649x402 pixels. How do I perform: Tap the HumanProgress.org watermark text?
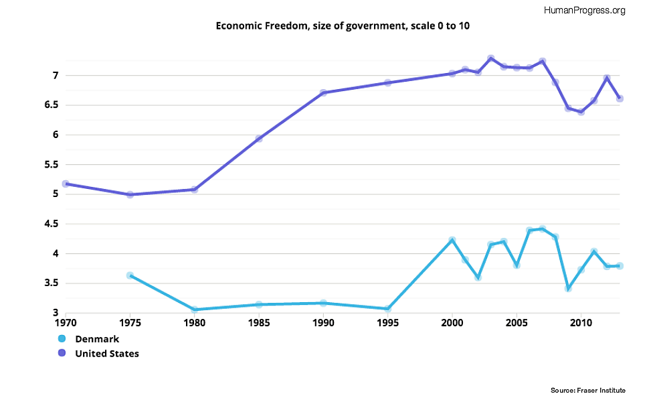(585, 10)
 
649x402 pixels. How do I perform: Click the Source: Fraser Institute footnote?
(588, 390)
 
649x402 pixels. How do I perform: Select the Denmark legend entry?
(96, 339)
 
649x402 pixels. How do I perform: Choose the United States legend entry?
(106, 353)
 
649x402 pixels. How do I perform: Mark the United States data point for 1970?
(66, 184)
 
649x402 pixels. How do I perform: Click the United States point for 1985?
(259, 139)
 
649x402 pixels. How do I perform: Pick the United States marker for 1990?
(323, 92)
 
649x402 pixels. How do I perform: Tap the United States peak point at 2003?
(491, 58)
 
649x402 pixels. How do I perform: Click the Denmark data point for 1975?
(130, 275)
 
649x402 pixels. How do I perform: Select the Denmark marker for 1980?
(195, 310)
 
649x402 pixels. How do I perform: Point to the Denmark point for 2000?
(452, 240)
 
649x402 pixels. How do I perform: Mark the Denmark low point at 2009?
(568, 289)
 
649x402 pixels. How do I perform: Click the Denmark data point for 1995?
(387, 309)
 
